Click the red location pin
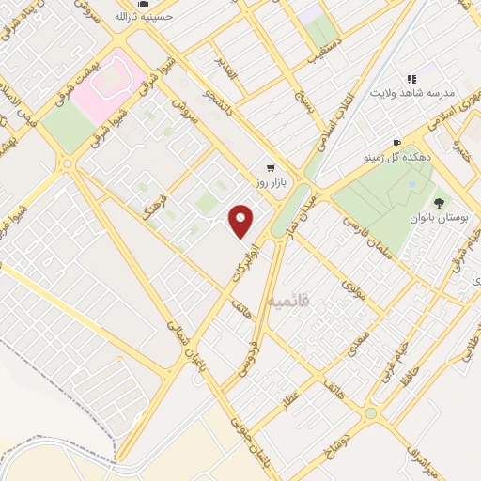pos(241,221)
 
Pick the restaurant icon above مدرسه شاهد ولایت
pos(410,80)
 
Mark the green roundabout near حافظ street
pos(371,411)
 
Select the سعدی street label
pos(347,340)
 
